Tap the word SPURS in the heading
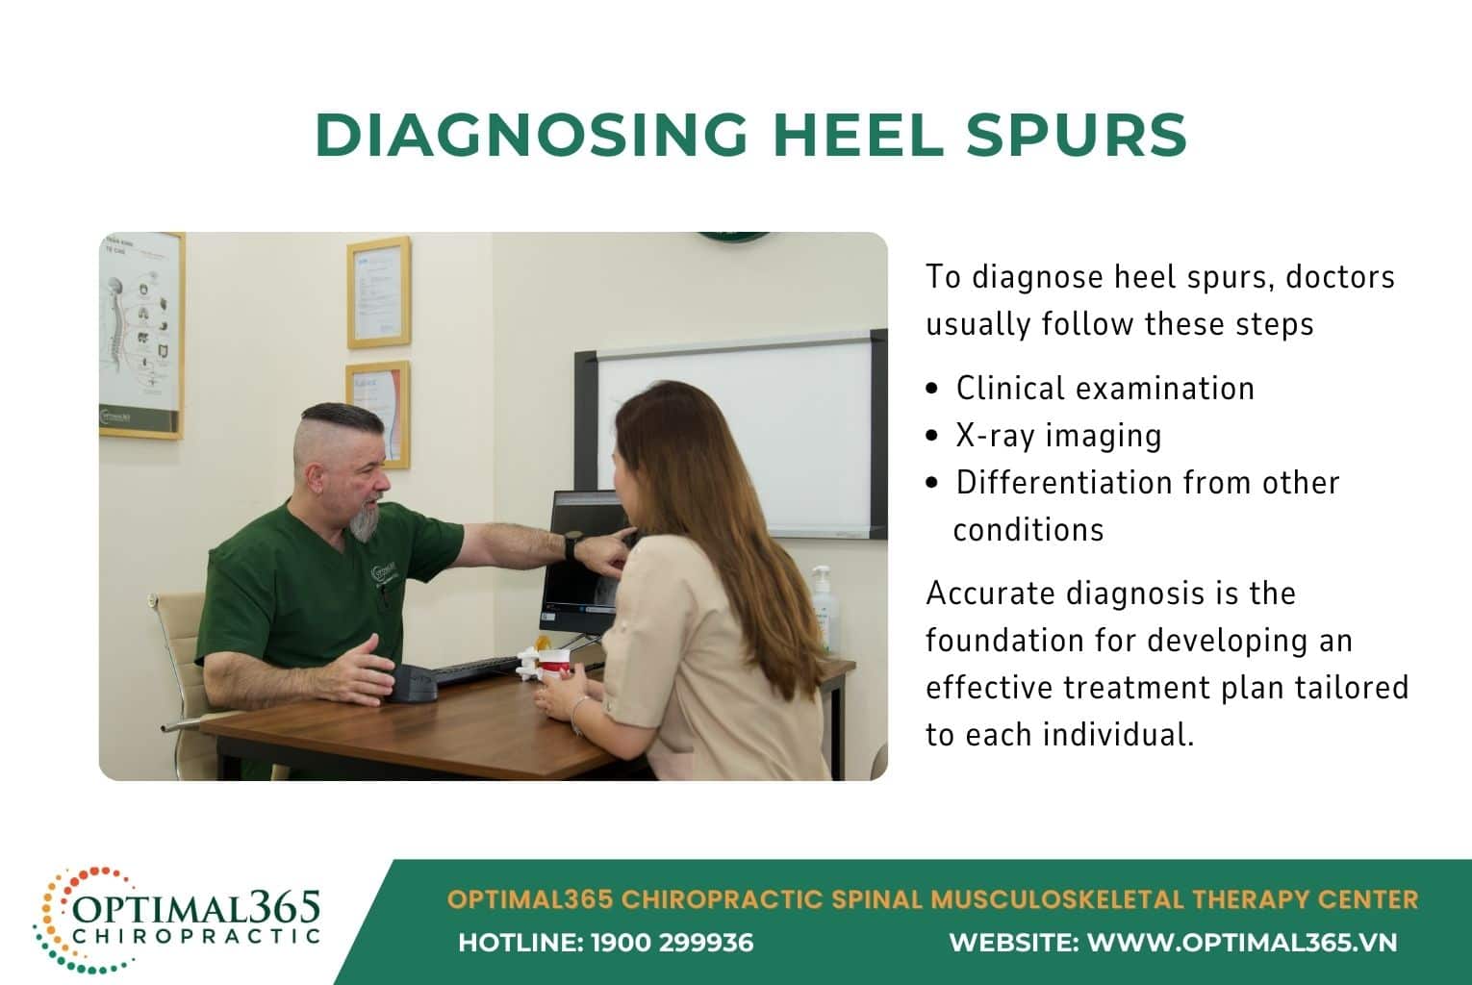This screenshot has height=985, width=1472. click(1077, 135)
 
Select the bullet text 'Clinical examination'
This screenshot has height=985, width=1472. click(1104, 388)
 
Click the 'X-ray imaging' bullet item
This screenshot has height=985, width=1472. click(1058, 435)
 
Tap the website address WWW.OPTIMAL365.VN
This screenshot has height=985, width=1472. click(1241, 943)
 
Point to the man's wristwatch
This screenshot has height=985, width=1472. click(571, 547)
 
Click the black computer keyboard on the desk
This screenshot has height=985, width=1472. click(475, 669)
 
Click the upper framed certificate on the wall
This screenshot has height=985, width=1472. click(379, 291)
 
